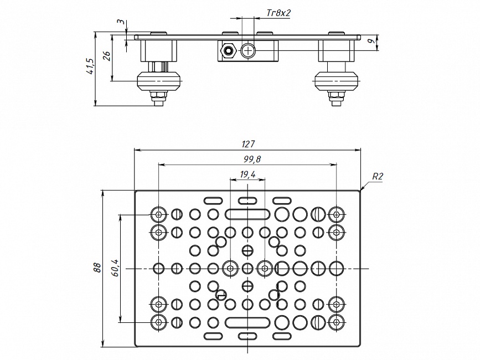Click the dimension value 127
pyautogui.click(x=247, y=144)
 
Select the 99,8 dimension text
pyautogui.click(x=252, y=160)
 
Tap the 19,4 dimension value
pyautogui.click(x=247, y=174)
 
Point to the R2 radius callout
pyautogui.click(x=378, y=177)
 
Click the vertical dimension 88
pyautogui.click(x=97, y=268)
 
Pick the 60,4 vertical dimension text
pyautogui.click(x=115, y=268)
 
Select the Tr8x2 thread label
pyautogui.click(x=278, y=12)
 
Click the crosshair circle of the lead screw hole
pyautogui.click(x=247, y=52)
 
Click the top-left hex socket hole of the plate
pyautogui.click(x=159, y=214)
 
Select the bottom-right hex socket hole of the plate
pyautogui.click(x=336, y=322)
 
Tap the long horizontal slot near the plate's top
pyautogui.click(x=247, y=214)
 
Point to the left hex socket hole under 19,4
pyautogui.click(x=230, y=269)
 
